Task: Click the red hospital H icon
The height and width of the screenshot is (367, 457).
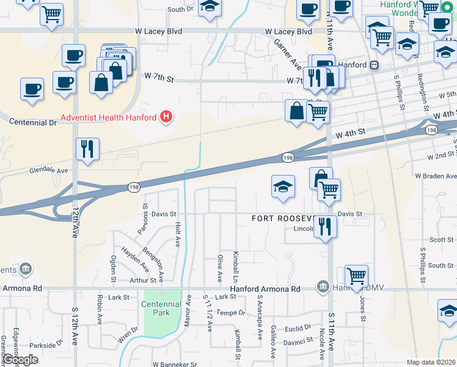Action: click(165, 116)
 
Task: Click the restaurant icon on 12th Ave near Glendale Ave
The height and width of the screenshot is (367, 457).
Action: click(87, 149)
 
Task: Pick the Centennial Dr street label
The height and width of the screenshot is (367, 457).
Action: click(33, 122)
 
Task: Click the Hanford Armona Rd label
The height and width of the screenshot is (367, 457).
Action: click(266, 289)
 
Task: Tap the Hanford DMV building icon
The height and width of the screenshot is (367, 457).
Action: click(323, 286)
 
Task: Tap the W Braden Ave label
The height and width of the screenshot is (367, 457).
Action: click(436, 176)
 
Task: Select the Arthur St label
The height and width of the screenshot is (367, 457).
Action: click(144, 281)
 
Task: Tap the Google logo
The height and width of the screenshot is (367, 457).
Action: click(21, 360)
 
